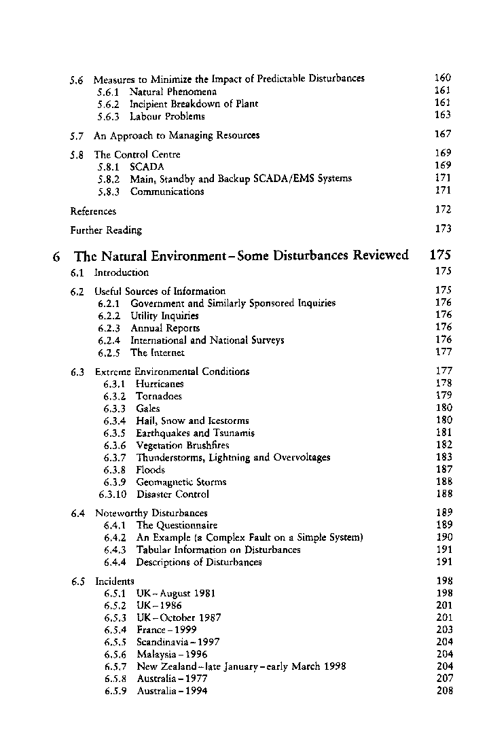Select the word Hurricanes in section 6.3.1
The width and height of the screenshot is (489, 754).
pos(160,384)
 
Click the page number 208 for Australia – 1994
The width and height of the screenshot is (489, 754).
pos(443,691)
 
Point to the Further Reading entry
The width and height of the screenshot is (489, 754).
pos(106,230)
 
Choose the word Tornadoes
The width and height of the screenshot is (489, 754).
pos(159,396)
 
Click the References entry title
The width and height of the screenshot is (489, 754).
pos(93,211)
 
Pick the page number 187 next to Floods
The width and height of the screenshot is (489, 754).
pos(443,469)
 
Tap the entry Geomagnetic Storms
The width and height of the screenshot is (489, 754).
pos(181,482)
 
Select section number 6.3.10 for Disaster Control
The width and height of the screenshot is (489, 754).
pos(113,494)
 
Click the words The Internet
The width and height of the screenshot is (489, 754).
pos(158,353)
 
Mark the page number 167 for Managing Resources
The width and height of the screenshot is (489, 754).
pos(443,134)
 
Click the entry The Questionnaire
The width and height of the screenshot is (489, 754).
pos(177,525)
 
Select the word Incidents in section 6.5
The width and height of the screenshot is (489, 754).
pos(115,581)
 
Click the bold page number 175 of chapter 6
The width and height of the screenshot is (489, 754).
pos(441,256)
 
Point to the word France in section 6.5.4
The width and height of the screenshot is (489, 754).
pos(151,630)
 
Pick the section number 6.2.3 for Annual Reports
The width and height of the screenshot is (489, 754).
pos(110,328)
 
